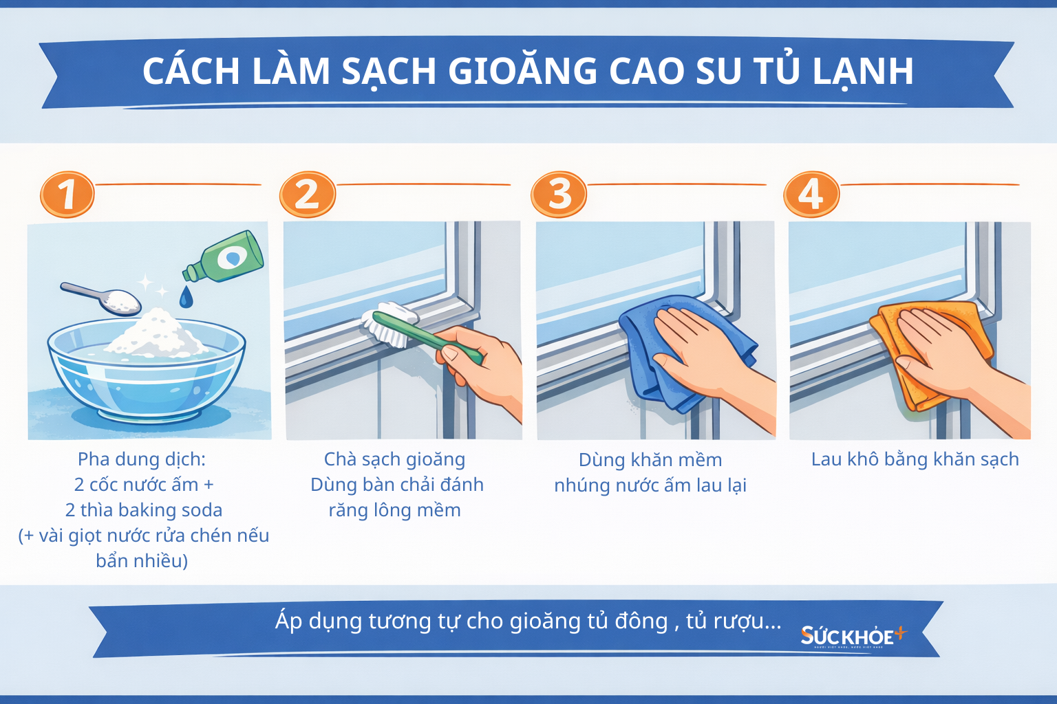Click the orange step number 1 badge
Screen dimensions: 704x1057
click(x=67, y=195)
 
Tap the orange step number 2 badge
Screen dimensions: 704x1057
click(x=307, y=195)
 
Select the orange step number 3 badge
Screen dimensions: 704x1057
click(x=559, y=195)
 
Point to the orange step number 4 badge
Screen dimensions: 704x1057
click(x=811, y=195)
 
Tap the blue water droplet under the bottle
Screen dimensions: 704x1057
click(x=186, y=297)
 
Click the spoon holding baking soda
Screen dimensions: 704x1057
click(x=103, y=296)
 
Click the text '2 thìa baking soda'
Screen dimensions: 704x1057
click(x=144, y=510)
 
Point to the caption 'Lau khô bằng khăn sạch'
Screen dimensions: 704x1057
click(x=915, y=459)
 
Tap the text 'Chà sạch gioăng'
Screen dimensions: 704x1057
click(x=394, y=459)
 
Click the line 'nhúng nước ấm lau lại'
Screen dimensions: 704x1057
click(x=650, y=485)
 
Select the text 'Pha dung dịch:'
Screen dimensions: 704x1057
click(x=142, y=459)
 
